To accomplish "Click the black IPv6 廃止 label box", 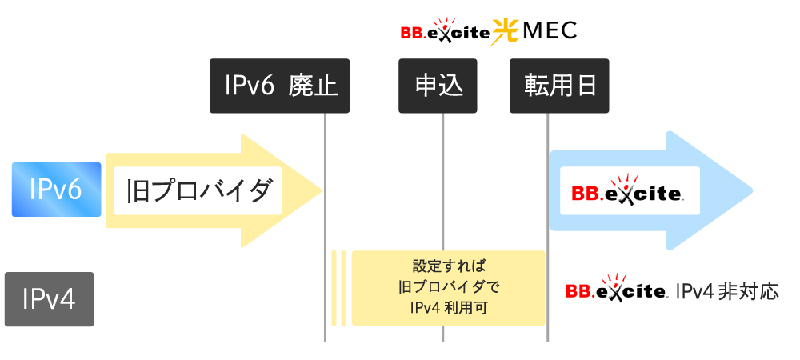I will coord(279,85).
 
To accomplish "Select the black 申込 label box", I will coord(438,85).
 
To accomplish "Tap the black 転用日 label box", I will coord(560,85).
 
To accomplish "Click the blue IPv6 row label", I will coord(56,190).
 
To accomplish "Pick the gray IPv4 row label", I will coord(49,299).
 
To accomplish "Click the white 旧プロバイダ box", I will coord(198,190).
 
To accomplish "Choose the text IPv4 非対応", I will coord(726,290).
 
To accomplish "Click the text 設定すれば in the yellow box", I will coord(448,265).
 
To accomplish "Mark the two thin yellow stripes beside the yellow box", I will coord(338,288).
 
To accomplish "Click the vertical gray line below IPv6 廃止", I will coord(325,240).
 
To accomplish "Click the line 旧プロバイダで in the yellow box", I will coord(448,286).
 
